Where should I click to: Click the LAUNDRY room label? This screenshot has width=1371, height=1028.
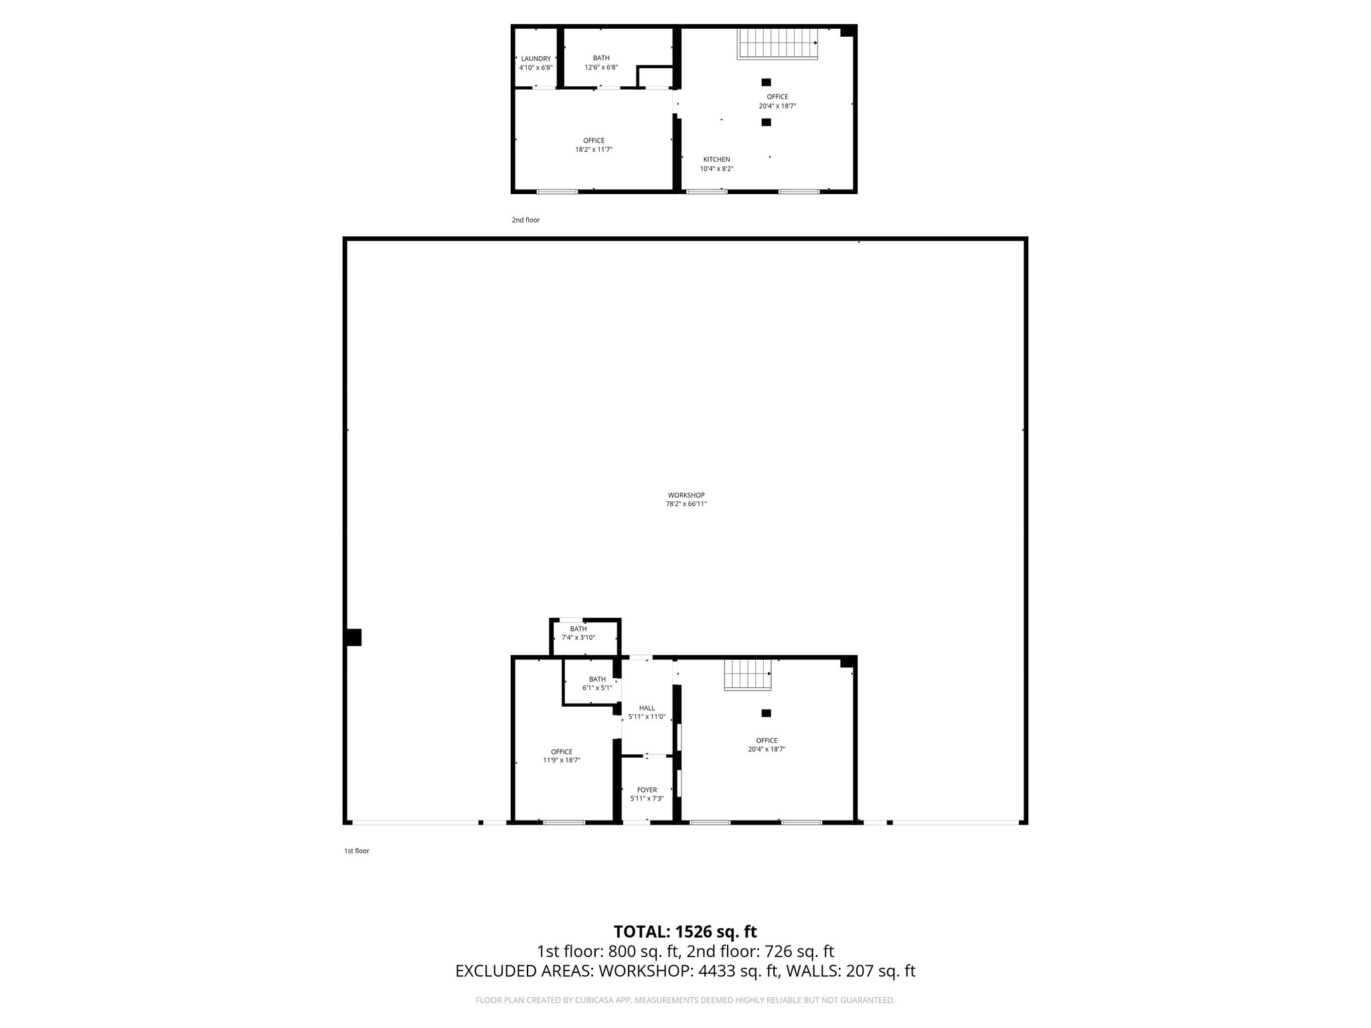click(x=536, y=59)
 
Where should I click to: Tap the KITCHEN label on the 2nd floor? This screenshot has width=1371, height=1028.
click(x=716, y=159)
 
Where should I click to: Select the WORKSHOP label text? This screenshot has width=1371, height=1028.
click(x=685, y=495)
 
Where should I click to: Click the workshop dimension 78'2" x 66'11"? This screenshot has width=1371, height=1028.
click(x=685, y=504)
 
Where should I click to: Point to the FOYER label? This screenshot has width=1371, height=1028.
click(x=647, y=790)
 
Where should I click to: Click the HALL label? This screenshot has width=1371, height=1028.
click(x=647, y=708)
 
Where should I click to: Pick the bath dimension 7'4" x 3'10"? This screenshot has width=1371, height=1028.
click(x=578, y=638)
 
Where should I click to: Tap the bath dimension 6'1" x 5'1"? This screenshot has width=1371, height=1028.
click(x=597, y=688)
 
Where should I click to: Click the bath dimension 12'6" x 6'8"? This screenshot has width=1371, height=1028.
click(x=601, y=67)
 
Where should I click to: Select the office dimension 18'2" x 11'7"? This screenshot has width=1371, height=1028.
click(x=594, y=149)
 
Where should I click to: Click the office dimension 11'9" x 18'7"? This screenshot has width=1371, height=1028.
click(x=562, y=760)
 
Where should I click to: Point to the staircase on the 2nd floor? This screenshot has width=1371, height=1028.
click(x=778, y=43)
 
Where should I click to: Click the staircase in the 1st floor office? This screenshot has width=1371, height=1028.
click(x=748, y=674)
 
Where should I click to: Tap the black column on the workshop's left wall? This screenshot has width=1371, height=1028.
click(x=353, y=637)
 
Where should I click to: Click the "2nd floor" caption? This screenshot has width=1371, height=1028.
click(x=526, y=220)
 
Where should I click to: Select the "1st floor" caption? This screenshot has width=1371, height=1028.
click(x=357, y=851)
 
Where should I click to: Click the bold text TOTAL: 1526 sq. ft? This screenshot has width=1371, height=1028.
click(x=685, y=932)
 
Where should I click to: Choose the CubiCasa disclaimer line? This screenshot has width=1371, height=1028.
click(x=685, y=1001)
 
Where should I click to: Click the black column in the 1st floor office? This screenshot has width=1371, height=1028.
click(x=767, y=713)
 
